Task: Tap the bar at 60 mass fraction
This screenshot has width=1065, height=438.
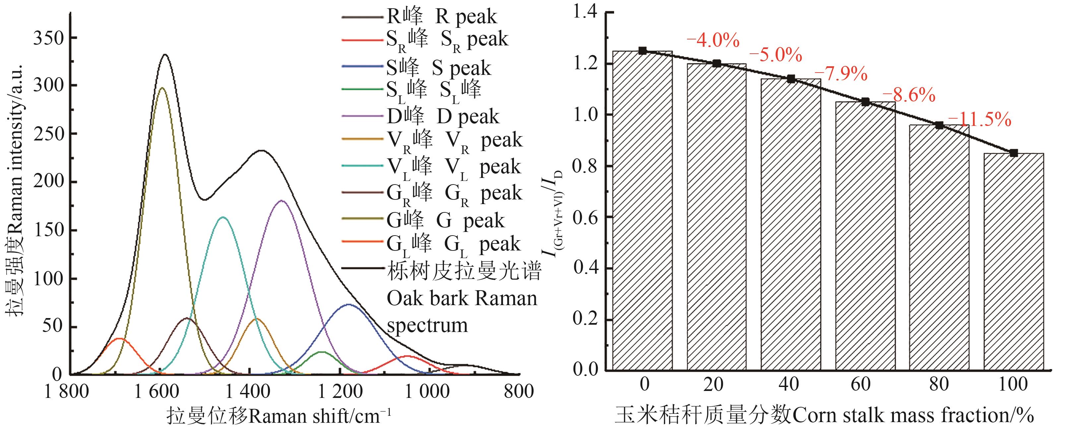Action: (x=865, y=236)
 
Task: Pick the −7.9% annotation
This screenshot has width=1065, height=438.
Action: (x=841, y=74)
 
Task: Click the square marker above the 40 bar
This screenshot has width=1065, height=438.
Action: (x=791, y=79)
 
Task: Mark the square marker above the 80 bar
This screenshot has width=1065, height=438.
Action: (x=939, y=125)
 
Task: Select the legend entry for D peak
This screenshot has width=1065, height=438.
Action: (x=442, y=117)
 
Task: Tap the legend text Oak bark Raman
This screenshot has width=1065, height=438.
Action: (x=462, y=298)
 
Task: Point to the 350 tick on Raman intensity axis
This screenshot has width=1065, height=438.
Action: (x=49, y=38)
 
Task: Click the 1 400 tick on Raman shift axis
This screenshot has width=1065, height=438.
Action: (x=250, y=391)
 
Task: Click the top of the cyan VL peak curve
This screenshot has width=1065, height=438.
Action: (x=223, y=217)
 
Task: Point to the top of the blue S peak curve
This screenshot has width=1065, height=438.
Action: (x=348, y=304)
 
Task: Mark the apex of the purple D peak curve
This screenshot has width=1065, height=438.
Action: (x=282, y=201)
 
